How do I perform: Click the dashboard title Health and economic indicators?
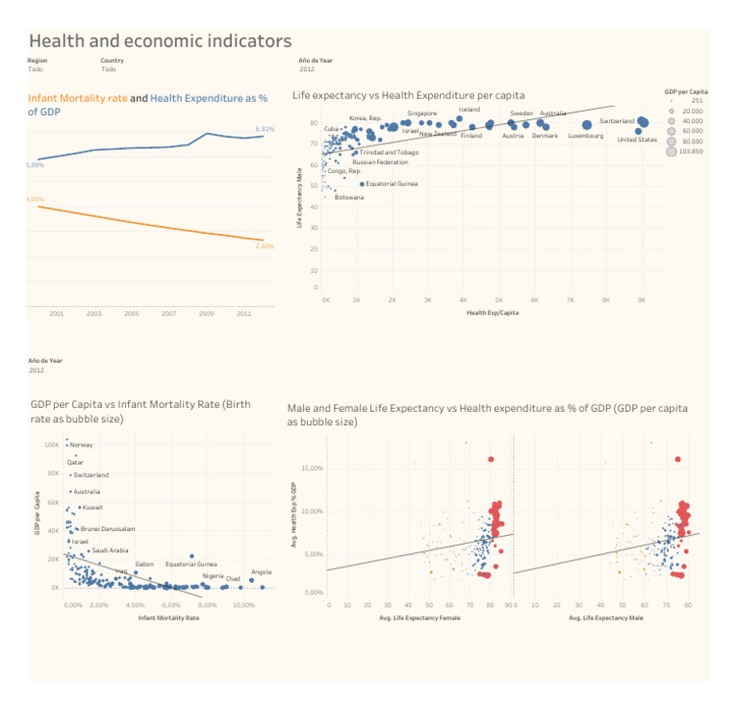[x=160, y=40]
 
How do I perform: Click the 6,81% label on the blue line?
[x=265, y=129]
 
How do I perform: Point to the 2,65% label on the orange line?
[x=265, y=246]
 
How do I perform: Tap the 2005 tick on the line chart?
[x=132, y=314]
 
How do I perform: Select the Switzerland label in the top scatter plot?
[x=617, y=121]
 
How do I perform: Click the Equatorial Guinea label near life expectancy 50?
[x=392, y=183]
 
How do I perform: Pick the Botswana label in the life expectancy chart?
[x=349, y=197]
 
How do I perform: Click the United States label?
[x=637, y=140]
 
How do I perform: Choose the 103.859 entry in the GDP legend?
[x=690, y=151]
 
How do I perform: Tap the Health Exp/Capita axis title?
[x=492, y=313]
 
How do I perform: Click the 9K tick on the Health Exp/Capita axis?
[x=642, y=300]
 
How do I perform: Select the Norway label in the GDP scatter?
[x=82, y=445]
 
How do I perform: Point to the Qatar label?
[x=75, y=462]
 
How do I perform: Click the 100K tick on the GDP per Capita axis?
[x=52, y=445]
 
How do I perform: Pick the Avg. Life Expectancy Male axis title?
[x=606, y=618]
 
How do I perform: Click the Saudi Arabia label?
[x=110, y=550]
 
